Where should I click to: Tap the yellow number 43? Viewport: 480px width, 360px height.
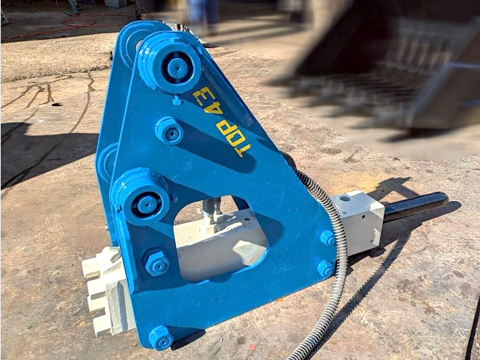tap(208, 100)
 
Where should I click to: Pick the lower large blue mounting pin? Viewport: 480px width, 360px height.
tap(141, 197)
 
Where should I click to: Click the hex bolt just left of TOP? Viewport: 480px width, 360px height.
tap(169, 131)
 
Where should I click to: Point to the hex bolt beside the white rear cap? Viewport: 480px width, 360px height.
tap(156, 262)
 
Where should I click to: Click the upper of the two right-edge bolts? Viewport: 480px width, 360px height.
tap(328, 238)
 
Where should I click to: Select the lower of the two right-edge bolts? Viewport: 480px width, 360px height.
tap(325, 269)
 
